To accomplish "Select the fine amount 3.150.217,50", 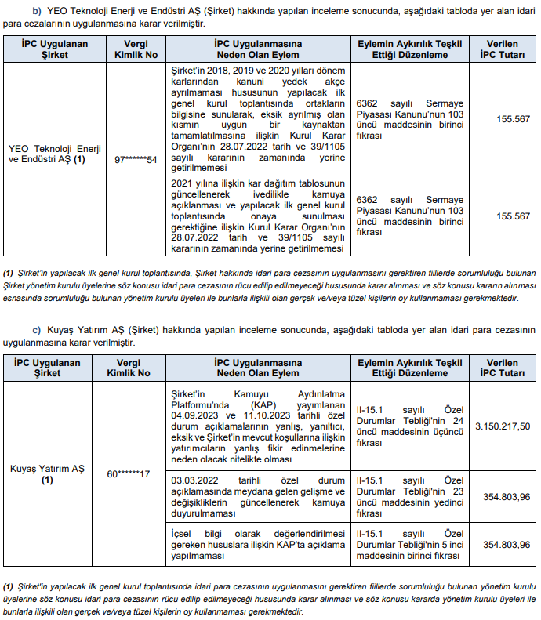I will tap(502, 426).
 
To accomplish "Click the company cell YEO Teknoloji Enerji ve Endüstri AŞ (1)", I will tap(47, 153).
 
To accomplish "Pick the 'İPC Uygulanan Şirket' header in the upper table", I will tap(47, 50).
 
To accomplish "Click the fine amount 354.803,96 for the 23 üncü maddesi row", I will tap(502, 495).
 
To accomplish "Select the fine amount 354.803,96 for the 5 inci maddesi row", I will tap(502, 544).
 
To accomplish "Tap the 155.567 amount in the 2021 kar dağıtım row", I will tap(513, 216).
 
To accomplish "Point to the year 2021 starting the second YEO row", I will tap(183, 183).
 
